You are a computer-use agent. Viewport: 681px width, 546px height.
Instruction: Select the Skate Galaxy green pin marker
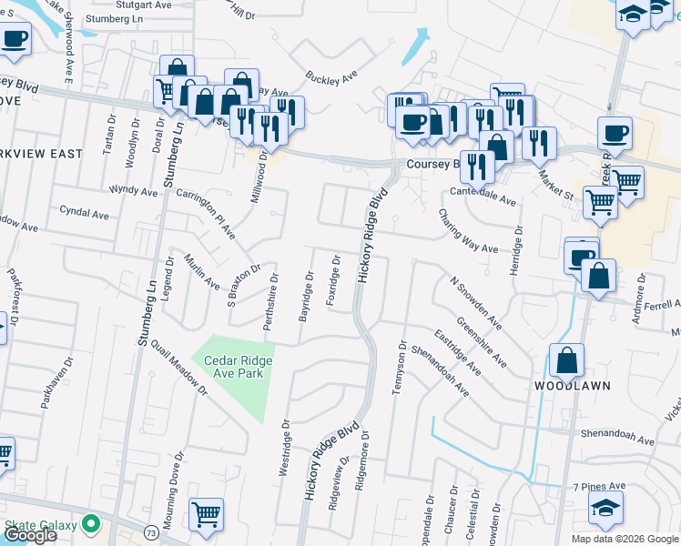[x=90, y=524]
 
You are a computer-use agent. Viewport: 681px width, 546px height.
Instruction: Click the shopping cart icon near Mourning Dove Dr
[x=207, y=513]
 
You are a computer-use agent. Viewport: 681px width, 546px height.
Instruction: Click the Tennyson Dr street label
[x=398, y=368]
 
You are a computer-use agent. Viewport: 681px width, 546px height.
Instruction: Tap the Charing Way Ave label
[x=468, y=231]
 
